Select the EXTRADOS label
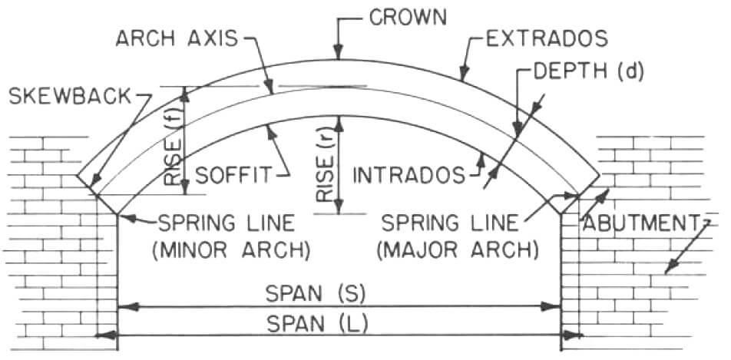click(547, 37)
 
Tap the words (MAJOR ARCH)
click(461, 249)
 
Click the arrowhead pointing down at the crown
click(337, 55)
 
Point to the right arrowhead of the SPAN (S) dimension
click(554, 307)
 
